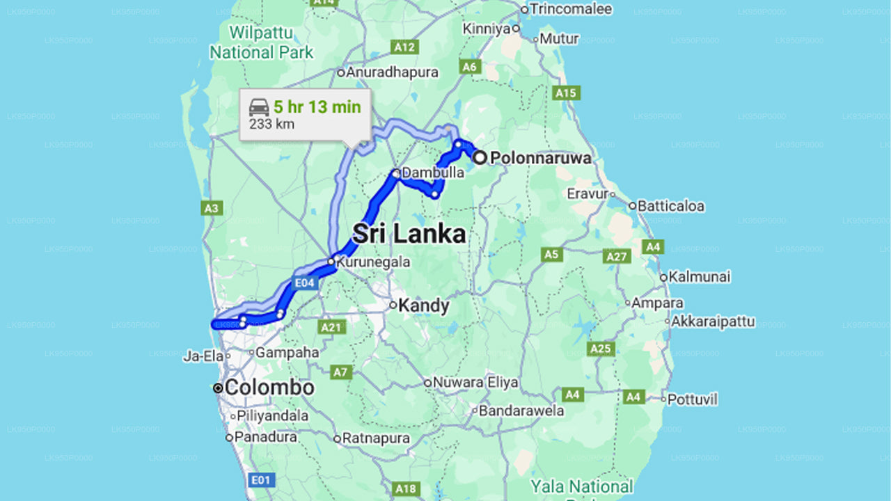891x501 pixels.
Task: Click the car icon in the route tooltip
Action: (x=259, y=107)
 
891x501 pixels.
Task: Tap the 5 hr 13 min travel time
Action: (x=317, y=106)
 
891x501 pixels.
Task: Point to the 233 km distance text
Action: (x=271, y=125)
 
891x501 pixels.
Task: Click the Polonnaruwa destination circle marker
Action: (x=480, y=158)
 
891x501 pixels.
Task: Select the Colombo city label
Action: (x=269, y=388)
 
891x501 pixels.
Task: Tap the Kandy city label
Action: (x=425, y=305)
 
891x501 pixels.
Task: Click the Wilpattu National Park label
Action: (x=262, y=42)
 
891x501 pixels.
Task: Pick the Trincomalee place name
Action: (x=570, y=9)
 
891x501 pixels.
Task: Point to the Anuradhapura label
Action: (x=393, y=72)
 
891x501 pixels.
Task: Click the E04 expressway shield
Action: (x=305, y=283)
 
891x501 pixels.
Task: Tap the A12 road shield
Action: (x=404, y=47)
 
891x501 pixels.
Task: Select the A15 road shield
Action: (x=565, y=93)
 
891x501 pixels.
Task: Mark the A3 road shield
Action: (x=212, y=208)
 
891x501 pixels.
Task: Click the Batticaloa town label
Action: (x=671, y=206)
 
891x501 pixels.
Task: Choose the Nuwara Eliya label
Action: (x=475, y=383)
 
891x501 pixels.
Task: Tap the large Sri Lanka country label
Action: (x=409, y=234)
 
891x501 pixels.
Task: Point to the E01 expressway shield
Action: (x=262, y=479)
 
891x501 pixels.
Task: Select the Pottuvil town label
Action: (x=692, y=399)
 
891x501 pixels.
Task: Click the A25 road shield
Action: (x=600, y=349)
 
